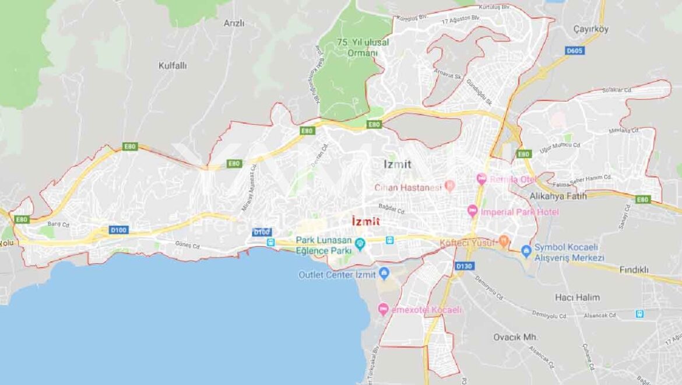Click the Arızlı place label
pos(234,23)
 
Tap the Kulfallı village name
pos(173,66)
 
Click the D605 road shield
pos(575,51)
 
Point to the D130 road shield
pos(465,266)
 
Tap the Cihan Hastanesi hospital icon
pos(449,186)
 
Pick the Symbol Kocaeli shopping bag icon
pos(526,251)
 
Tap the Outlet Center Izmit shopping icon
pos(384,273)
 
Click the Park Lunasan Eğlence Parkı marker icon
pos(360,244)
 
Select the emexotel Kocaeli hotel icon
pos(383,309)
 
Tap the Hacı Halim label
pos(577,297)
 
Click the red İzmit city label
pos(366,222)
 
